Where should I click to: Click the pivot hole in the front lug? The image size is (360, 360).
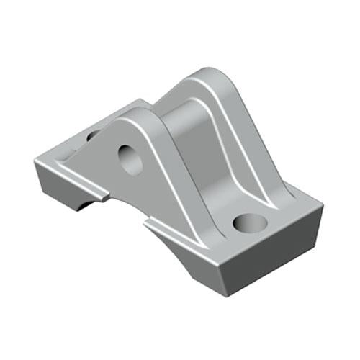tap(131, 159)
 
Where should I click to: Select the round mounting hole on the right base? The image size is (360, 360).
tap(249, 222)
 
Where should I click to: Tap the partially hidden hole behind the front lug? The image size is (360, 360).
tap(94, 134)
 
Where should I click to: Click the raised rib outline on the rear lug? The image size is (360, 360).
tap(234, 130)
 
